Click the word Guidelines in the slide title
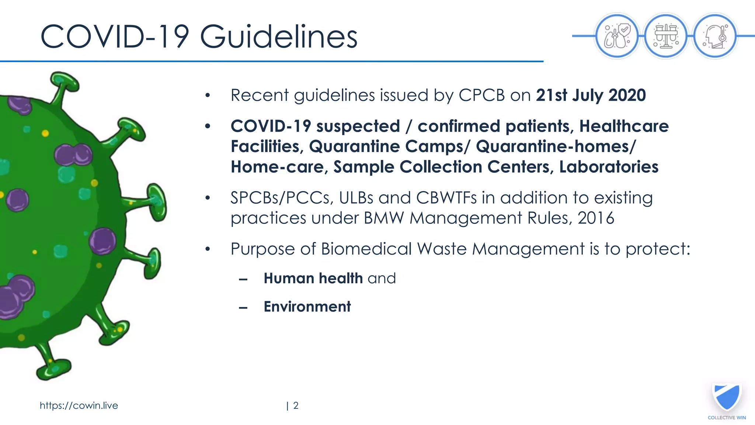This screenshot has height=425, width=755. click(278, 37)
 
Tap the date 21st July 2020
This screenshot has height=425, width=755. click(591, 95)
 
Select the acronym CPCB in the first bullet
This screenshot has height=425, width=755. click(481, 95)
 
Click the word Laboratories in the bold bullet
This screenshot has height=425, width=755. click(609, 167)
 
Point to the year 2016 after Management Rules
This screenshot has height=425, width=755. click(596, 218)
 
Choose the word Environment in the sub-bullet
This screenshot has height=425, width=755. click(307, 307)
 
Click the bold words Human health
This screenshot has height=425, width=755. click(313, 278)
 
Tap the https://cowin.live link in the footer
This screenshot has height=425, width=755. click(79, 405)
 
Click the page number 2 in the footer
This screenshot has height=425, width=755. click(296, 405)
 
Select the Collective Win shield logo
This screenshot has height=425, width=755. click(727, 397)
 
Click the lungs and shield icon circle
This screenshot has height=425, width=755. click(617, 36)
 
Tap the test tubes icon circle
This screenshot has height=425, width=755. click(666, 36)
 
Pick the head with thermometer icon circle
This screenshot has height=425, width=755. click(715, 36)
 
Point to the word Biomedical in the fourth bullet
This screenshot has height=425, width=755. click(366, 249)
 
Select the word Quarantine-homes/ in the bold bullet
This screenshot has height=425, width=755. click(556, 146)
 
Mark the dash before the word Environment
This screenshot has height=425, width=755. click(243, 308)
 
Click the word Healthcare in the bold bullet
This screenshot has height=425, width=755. click(624, 126)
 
